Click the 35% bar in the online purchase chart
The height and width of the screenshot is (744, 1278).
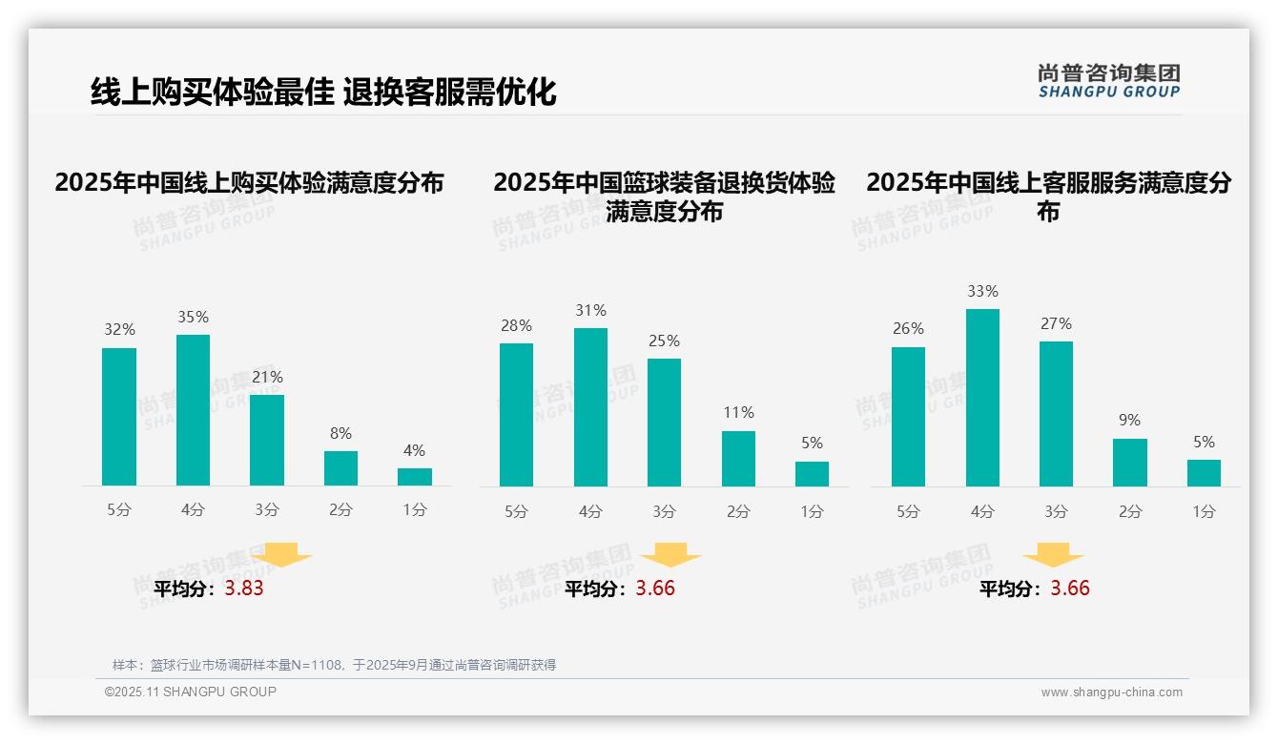click(193, 410)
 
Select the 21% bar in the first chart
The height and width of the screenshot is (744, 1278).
click(267, 440)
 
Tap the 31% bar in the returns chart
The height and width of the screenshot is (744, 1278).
click(590, 407)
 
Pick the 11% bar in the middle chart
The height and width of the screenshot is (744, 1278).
click(738, 459)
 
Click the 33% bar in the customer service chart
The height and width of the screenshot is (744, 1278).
click(982, 398)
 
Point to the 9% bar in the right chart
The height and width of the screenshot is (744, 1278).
click(1130, 463)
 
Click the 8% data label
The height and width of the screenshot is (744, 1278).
click(340, 432)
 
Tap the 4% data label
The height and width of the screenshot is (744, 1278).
click(414, 450)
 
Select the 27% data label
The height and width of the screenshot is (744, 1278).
click(1056, 323)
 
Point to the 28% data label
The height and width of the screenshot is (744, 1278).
click(516, 325)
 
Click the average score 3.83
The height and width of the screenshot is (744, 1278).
click(244, 589)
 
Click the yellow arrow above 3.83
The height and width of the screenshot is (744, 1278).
click(281, 554)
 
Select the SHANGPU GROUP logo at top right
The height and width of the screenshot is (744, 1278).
click(1108, 81)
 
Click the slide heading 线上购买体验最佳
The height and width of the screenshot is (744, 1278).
click(213, 92)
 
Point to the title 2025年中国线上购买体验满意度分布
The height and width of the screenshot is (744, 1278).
click(249, 182)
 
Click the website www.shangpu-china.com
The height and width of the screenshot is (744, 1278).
click(1111, 692)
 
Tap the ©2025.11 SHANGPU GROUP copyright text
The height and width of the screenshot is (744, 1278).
click(191, 692)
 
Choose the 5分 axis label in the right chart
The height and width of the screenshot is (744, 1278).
click(908, 511)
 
